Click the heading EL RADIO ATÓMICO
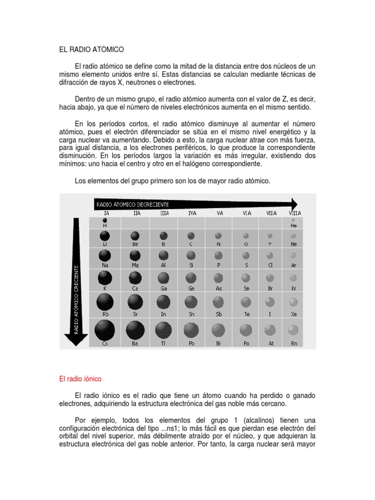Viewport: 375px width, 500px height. pyautogui.click(x=91, y=49)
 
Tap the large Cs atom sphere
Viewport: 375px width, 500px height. pyautogui.click(x=104, y=331)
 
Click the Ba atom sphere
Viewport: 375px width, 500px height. pyautogui.click(x=135, y=331)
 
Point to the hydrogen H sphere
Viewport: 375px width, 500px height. pyautogui.click(x=104, y=220)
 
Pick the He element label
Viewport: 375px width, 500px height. pyautogui.click(x=293, y=226)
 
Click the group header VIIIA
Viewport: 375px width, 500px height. pyautogui.click(x=294, y=213)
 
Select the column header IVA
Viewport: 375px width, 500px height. pyautogui.click(x=192, y=213)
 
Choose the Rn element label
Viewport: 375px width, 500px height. pyautogui.click(x=293, y=344)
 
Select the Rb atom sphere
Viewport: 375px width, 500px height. pyautogui.click(x=104, y=303)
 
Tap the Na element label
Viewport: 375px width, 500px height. pyautogui.click(x=104, y=265)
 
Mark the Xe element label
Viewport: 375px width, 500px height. pyautogui.click(x=293, y=314)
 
